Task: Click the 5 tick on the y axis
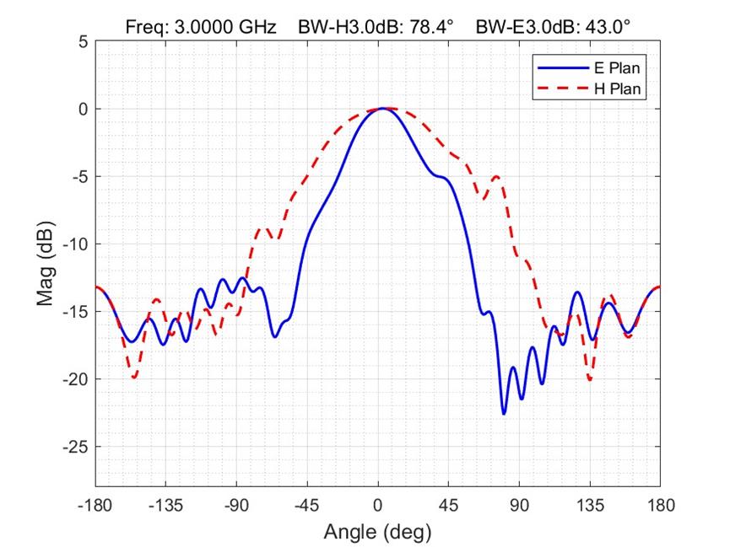[83, 41]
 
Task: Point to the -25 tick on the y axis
[75, 447]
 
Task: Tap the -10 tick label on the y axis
[75, 244]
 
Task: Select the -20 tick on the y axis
[75, 379]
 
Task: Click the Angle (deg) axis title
[377, 532]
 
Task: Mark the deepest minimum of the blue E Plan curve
[504, 414]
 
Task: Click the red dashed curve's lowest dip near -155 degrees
[134, 377]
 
